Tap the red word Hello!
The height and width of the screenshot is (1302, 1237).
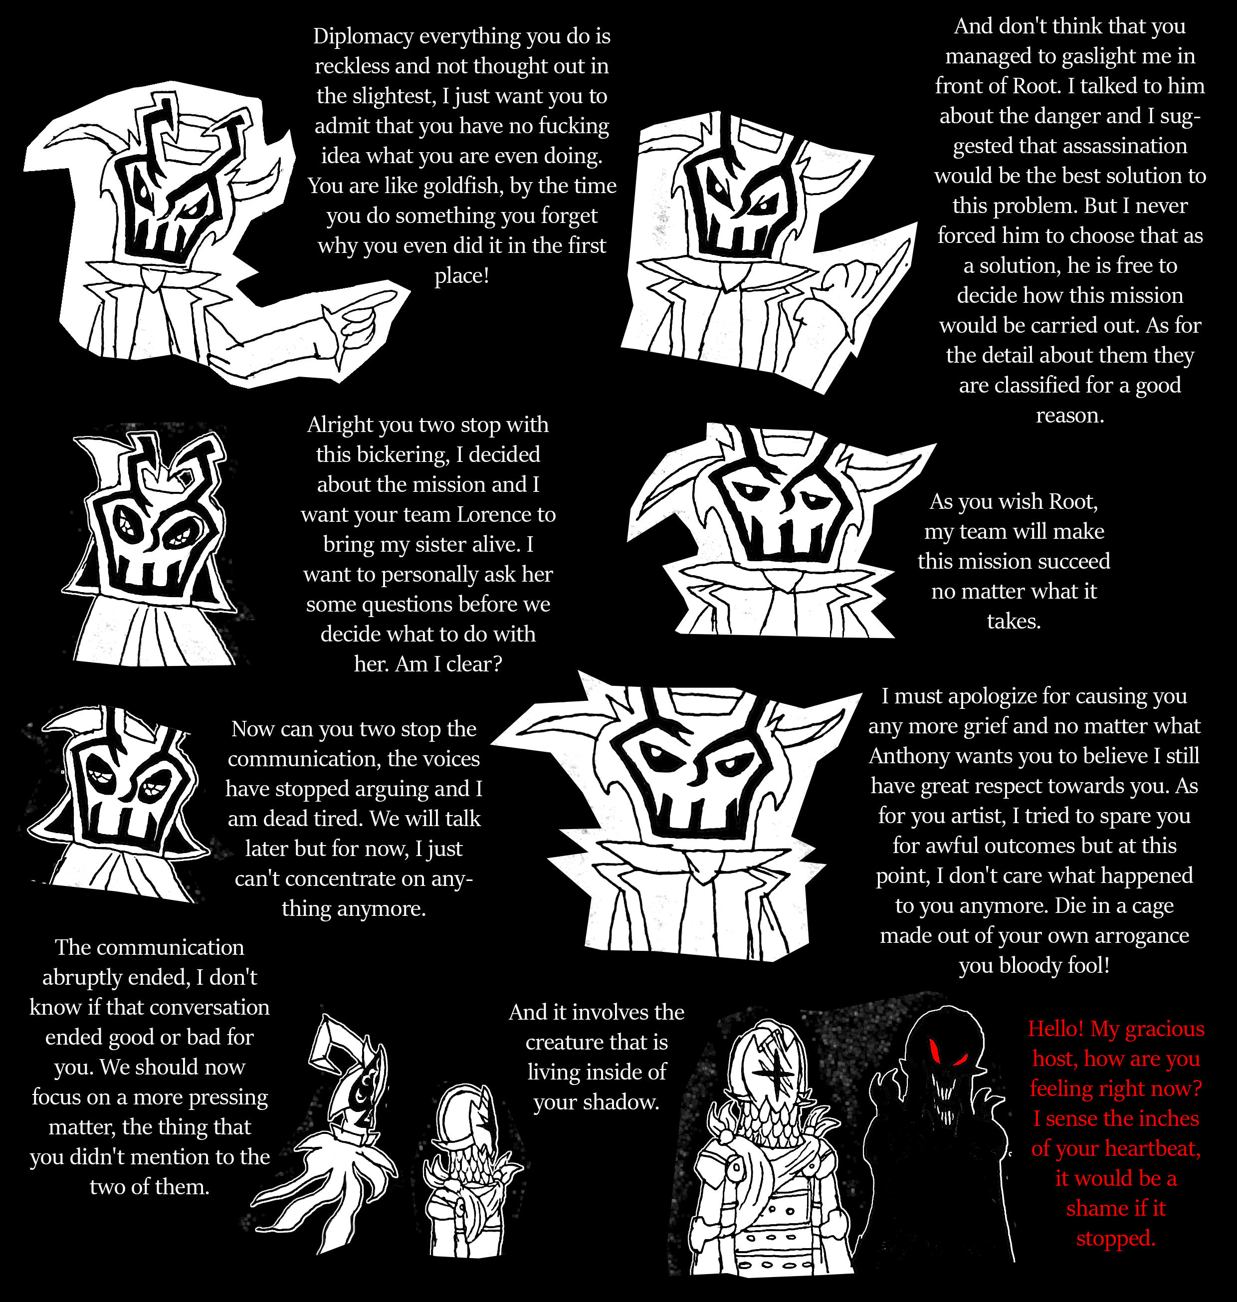click(x=1056, y=1029)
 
